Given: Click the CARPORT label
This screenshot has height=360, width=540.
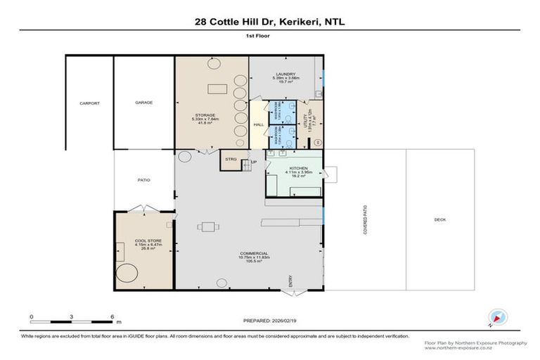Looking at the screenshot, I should pyautogui.click(x=90, y=103).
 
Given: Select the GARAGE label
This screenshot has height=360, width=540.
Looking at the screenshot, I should pyautogui.click(x=144, y=103).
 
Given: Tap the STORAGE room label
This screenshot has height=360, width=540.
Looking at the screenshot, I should pyautogui.click(x=205, y=115).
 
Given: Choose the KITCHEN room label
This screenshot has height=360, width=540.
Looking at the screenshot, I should pyautogui.click(x=293, y=169).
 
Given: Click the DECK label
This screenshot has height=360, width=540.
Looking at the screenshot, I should pyautogui.click(x=440, y=220).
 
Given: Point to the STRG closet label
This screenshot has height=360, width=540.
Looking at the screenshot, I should pyautogui.click(x=231, y=160).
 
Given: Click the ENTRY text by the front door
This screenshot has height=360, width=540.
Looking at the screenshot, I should pyautogui.click(x=290, y=281).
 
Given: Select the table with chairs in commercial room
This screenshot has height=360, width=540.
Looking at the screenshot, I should pyautogui.click(x=207, y=226).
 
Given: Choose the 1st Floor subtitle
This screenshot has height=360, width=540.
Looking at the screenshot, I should pyautogui.click(x=270, y=44).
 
